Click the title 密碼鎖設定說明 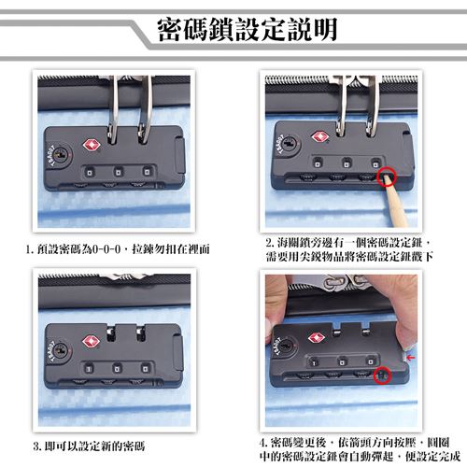248,30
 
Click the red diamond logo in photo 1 92,146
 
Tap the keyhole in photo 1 61,155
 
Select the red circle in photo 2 387,177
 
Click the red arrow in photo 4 411,358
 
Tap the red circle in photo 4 382,375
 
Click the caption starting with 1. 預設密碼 118,249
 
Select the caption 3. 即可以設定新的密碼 89,446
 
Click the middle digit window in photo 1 118,172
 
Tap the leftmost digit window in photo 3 89,369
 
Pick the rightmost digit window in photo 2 376,163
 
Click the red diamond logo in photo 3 91,342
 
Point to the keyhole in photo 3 60,351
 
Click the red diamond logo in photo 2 319,136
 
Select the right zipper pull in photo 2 373,106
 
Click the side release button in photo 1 180,156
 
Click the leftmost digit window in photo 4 314,362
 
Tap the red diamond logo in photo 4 317,338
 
